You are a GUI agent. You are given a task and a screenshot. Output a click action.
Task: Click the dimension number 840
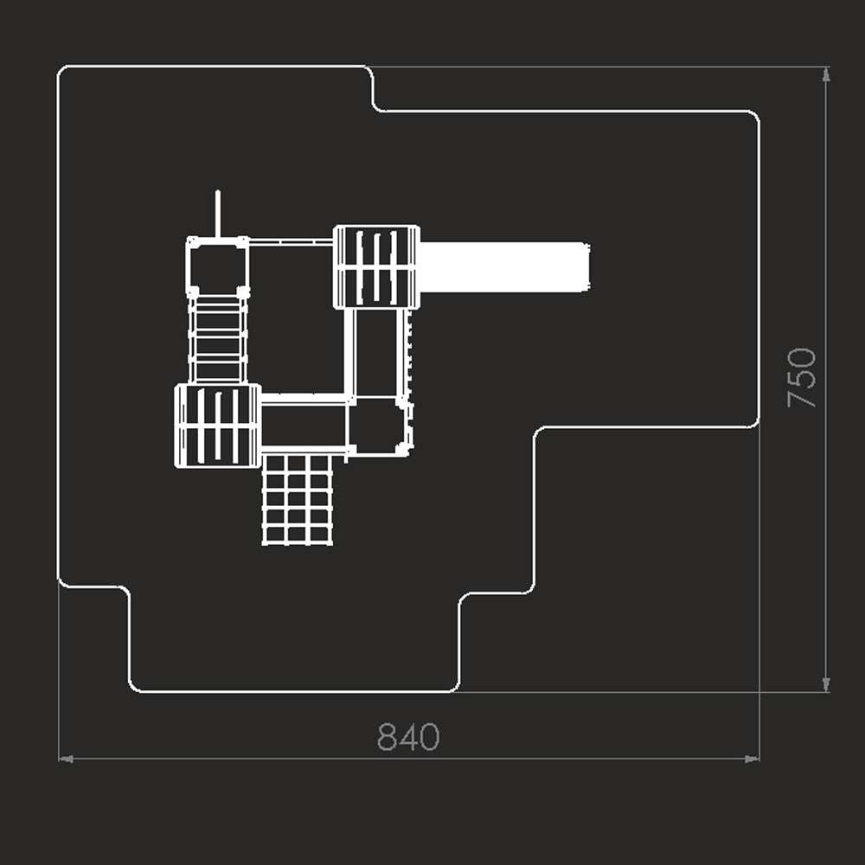tap(408, 736)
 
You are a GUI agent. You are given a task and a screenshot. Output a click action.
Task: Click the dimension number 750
tap(802, 378)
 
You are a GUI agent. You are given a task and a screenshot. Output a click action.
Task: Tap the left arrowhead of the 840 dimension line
tap(66, 759)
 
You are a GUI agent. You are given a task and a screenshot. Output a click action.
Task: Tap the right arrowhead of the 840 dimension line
tap(752, 759)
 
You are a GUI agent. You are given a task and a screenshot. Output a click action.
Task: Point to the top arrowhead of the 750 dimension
tap(826, 74)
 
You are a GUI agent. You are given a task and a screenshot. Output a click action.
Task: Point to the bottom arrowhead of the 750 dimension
tap(826, 684)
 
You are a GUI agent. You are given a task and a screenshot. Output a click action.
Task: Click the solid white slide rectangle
tap(504, 267)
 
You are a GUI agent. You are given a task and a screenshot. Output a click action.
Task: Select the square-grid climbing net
tap(298, 500)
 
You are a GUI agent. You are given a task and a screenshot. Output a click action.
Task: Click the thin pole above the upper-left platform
tap(218, 214)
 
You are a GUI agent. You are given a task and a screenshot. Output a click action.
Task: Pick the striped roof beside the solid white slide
tap(377, 267)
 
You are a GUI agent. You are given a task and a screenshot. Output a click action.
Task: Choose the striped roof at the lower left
tap(218, 426)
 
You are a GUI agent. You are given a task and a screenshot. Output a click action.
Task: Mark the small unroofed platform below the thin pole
tap(218, 267)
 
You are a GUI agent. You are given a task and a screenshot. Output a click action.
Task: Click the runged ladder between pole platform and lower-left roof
tap(218, 340)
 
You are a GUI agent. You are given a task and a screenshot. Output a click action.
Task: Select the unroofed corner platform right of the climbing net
tap(380, 426)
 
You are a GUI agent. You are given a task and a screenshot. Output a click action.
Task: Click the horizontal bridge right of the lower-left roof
tap(304, 423)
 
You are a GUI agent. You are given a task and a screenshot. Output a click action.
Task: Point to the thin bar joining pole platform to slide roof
tap(291, 241)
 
